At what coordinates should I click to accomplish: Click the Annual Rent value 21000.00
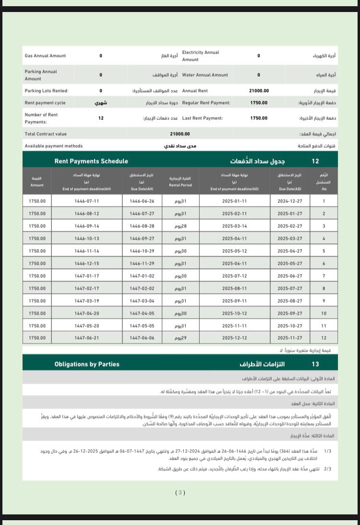coord(259,91)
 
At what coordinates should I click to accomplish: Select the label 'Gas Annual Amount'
coord(45,56)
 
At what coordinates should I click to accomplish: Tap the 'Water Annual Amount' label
coord(205,75)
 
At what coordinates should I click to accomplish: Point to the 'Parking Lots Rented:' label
coord(47,91)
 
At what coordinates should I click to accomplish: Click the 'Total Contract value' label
coord(46,134)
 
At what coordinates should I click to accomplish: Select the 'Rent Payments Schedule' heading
coord(91,161)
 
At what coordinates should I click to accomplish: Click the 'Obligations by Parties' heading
coord(87,364)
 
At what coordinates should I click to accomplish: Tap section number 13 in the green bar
coord(315,364)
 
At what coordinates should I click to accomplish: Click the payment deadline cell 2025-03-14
coord(234,226)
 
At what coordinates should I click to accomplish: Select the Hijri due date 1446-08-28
coord(142,226)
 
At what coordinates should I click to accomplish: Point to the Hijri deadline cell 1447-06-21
coord(86,338)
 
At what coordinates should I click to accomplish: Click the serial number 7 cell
coord(324,276)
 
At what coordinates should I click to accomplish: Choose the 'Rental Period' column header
coord(180,181)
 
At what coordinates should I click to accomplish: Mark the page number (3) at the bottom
coord(180,492)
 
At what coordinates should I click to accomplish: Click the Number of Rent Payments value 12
coord(101,118)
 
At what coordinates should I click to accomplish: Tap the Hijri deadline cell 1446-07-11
coord(86,201)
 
